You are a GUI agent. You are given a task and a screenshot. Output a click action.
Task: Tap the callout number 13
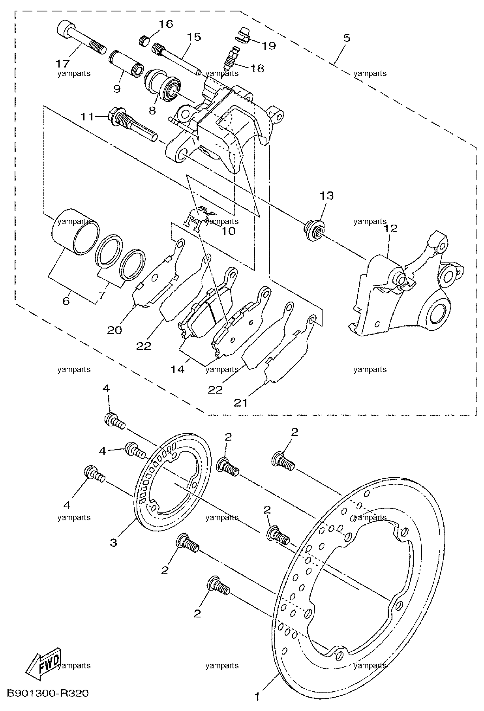(x=326, y=196)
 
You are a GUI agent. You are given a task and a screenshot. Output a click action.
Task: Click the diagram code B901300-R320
(x=47, y=693)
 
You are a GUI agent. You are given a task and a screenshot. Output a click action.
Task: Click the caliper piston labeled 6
(x=76, y=233)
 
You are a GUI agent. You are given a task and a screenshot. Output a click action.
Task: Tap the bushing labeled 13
(x=314, y=231)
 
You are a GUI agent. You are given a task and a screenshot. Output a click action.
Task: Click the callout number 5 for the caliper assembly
(x=346, y=38)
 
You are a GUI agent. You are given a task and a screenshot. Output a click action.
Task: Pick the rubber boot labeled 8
(x=163, y=82)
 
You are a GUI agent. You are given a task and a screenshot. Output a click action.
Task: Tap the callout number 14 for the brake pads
(x=177, y=370)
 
